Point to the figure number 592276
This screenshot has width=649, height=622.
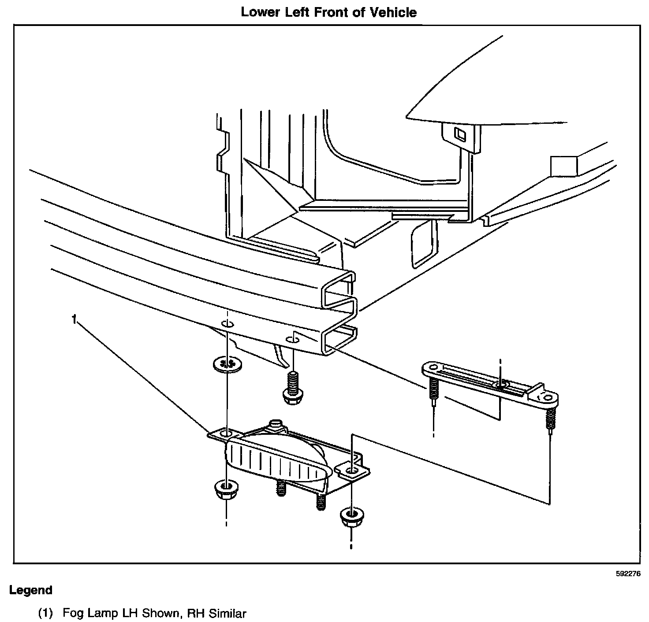click(x=628, y=574)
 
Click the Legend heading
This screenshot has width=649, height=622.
click(x=31, y=590)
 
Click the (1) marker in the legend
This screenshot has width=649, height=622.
click(x=45, y=613)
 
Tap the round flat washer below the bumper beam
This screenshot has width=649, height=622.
click(x=227, y=364)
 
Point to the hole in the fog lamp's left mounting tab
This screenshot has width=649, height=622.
click(x=225, y=434)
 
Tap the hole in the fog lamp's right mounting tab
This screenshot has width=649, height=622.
click(x=351, y=472)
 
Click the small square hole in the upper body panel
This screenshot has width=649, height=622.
click(x=459, y=134)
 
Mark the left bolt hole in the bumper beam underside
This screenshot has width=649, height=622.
click(x=228, y=325)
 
